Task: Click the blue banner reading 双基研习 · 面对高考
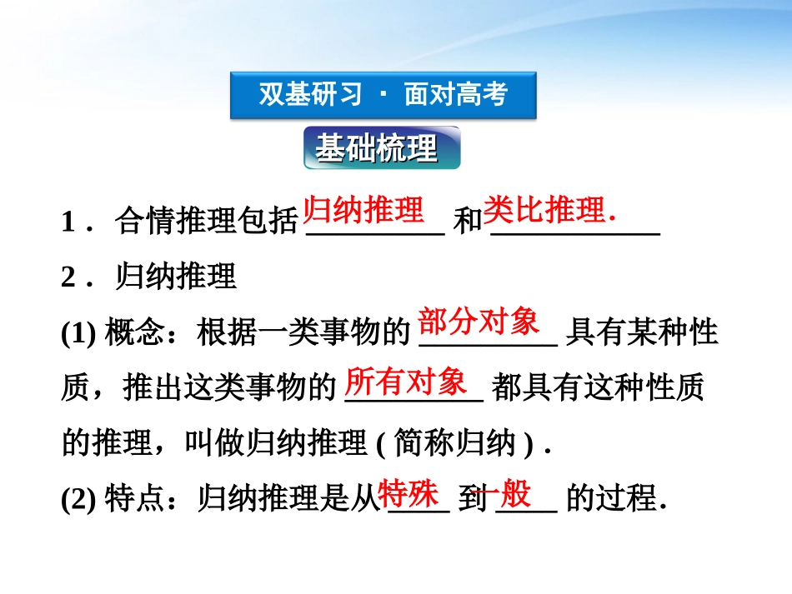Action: click(x=383, y=95)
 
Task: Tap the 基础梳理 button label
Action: click(x=377, y=149)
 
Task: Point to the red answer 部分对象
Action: click(x=479, y=321)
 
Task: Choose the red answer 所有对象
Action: click(x=406, y=382)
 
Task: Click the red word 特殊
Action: click(x=409, y=494)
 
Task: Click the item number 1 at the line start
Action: click(x=68, y=222)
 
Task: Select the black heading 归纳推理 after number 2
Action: click(x=177, y=277)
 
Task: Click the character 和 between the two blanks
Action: click(x=469, y=222)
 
